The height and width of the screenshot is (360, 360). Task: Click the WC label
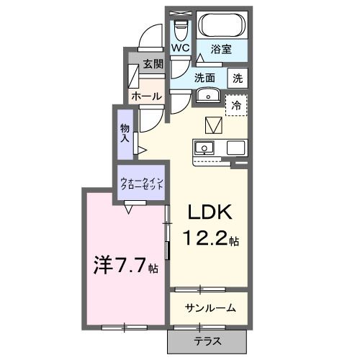(179, 49)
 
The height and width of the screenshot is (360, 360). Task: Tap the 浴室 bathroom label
(220, 49)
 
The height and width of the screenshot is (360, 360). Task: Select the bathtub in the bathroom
(222, 26)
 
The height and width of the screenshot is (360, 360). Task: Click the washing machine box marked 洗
(237, 78)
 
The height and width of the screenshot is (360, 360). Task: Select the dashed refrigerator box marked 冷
(235, 105)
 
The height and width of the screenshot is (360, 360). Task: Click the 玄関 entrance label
(153, 63)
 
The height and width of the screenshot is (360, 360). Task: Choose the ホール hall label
(146, 96)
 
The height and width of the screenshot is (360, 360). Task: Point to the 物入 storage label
(124, 132)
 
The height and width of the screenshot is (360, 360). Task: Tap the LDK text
(209, 213)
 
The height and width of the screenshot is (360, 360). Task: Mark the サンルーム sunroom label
(210, 307)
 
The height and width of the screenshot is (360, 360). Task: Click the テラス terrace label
(207, 341)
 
